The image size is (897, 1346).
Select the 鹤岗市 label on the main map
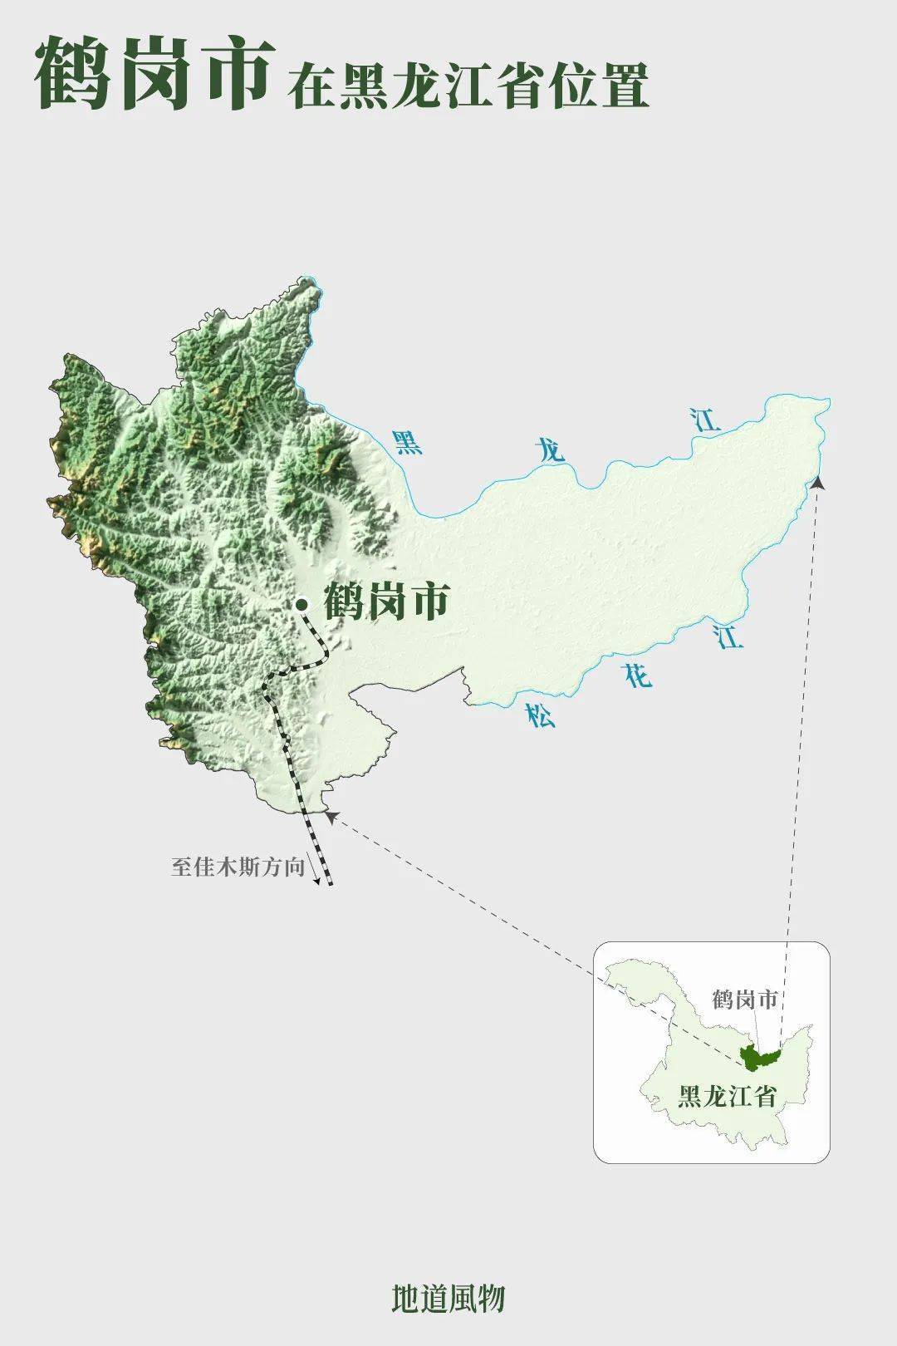click(386, 602)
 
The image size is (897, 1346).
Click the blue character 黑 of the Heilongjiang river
click(407, 442)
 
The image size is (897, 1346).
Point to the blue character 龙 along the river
click(550, 451)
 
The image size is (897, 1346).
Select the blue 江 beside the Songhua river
click(728, 638)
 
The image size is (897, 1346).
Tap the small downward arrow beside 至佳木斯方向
click(316, 872)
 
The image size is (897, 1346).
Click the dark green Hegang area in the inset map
click(758, 1057)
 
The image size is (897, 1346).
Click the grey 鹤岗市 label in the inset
click(744, 999)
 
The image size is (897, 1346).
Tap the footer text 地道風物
click(448, 1298)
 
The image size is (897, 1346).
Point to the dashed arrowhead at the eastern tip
click(818, 481)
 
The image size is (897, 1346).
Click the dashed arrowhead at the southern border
click(330, 816)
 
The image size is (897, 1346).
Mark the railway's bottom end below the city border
click(330, 882)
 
